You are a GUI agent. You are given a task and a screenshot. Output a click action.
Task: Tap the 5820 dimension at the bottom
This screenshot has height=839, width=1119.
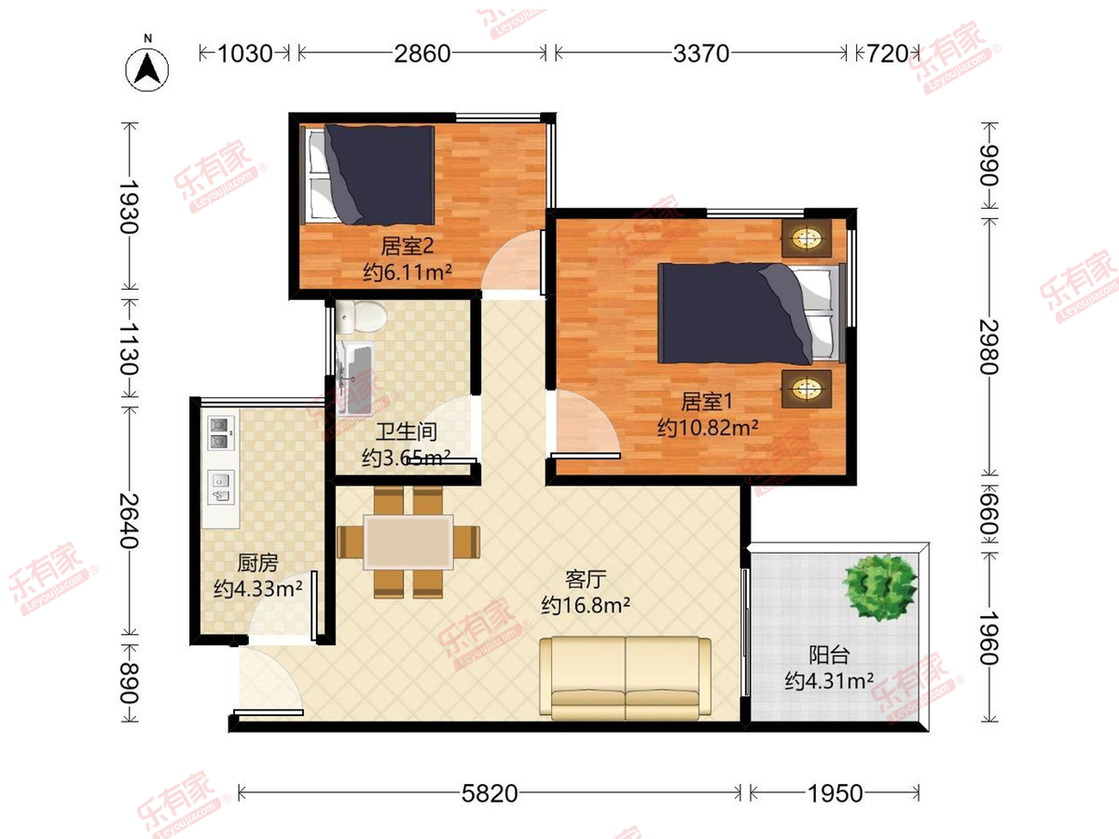(490, 793)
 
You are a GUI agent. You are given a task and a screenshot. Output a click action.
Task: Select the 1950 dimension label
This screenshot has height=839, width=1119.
(836, 793)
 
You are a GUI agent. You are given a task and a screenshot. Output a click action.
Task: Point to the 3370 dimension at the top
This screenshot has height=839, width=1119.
(701, 53)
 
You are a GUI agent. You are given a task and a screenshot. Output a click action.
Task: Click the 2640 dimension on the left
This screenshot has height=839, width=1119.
(129, 520)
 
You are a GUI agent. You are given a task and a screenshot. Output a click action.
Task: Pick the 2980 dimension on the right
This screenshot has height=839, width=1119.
(989, 347)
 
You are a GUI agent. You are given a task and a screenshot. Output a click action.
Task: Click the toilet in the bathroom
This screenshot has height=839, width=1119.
(361, 315)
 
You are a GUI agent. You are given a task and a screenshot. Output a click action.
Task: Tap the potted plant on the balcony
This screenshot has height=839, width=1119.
(879, 587)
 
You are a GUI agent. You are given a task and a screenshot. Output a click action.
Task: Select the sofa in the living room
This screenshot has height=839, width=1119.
(626, 678)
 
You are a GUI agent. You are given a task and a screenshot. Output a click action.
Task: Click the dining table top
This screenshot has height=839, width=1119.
(408, 542)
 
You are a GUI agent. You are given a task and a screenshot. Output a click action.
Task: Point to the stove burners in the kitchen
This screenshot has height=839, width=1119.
(221, 433)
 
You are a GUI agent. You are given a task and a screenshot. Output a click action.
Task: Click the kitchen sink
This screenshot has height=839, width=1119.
(221, 488)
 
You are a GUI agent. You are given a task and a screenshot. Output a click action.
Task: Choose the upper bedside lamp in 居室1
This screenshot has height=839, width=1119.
(807, 238)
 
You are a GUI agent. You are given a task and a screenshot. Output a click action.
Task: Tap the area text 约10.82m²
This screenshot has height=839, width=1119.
(707, 427)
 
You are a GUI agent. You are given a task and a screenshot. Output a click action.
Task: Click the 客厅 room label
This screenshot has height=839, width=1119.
(586, 580)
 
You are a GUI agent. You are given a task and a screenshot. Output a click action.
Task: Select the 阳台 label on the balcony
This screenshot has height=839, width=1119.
(829, 655)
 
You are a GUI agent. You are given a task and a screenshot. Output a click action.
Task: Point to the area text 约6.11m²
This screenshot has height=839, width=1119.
(408, 272)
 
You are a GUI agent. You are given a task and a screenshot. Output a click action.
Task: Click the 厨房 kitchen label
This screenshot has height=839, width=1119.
(258, 563)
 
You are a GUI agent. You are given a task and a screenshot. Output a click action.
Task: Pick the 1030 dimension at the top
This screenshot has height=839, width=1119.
(245, 53)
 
